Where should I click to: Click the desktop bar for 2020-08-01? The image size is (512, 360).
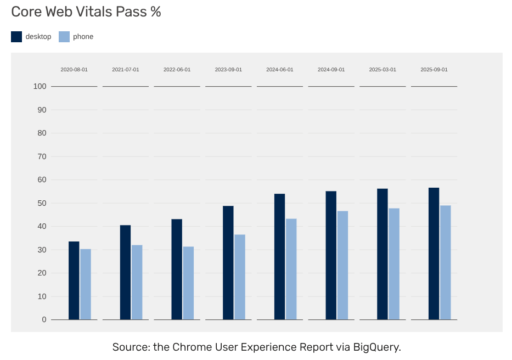(x=74, y=280)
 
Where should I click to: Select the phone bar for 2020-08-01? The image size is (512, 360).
(x=86, y=284)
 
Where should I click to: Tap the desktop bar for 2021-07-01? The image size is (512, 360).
(x=125, y=272)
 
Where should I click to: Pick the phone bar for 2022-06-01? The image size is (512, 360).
(x=188, y=283)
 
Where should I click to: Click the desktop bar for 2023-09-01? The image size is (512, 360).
(x=228, y=263)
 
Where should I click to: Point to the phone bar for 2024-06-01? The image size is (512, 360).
(x=291, y=269)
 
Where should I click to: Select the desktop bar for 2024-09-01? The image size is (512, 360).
(x=331, y=255)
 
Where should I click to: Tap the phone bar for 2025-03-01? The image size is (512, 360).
(x=394, y=264)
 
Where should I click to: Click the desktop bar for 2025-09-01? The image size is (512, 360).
(x=434, y=254)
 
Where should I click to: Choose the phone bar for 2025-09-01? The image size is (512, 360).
(x=446, y=262)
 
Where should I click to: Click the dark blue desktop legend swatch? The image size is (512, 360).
(x=16, y=37)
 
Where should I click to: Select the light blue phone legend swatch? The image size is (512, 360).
(x=64, y=37)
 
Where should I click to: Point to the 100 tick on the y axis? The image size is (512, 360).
(x=40, y=87)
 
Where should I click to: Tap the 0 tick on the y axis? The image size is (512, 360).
(x=44, y=320)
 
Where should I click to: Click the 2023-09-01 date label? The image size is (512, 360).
(x=228, y=70)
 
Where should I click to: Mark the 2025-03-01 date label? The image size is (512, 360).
(x=382, y=70)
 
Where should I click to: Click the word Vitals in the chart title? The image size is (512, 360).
(x=95, y=12)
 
